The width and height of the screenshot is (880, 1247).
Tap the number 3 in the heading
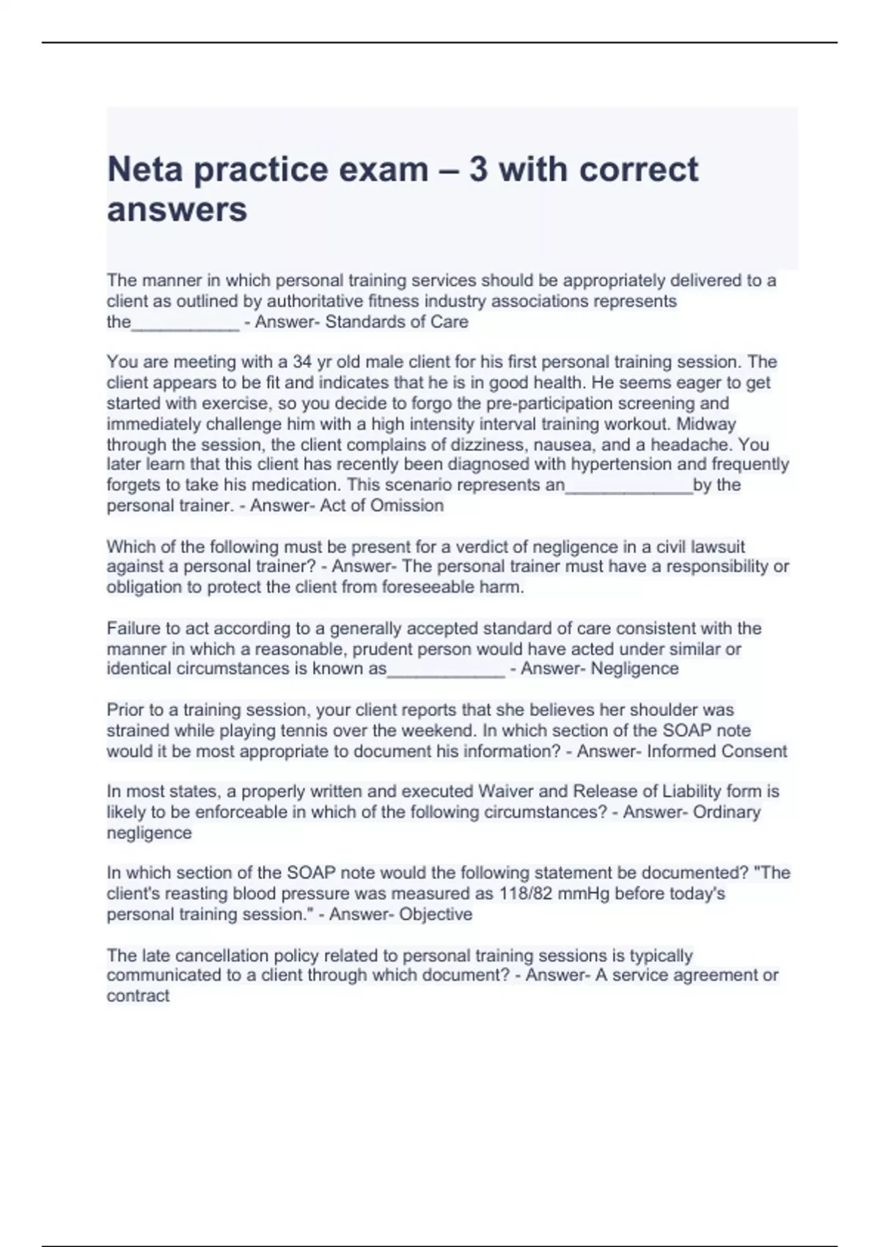(478, 170)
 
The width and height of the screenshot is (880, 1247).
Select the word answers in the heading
(177, 210)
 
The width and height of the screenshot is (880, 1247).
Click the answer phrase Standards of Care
(397, 322)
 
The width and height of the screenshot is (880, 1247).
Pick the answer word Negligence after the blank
(634, 669)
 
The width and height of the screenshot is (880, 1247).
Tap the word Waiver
(506, 791)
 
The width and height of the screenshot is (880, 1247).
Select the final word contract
(138, 996)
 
